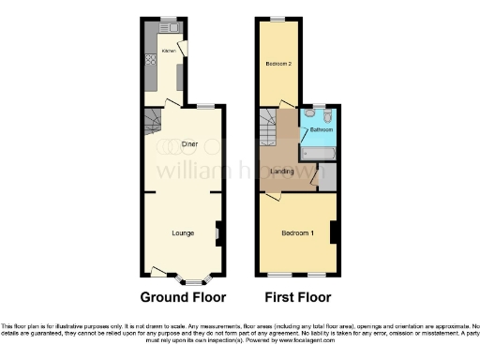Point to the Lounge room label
(x=183, y=232)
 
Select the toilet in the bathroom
(x=324, y=115)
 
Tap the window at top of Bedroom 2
(x=278, y=19)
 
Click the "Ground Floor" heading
(x=183, y=299)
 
